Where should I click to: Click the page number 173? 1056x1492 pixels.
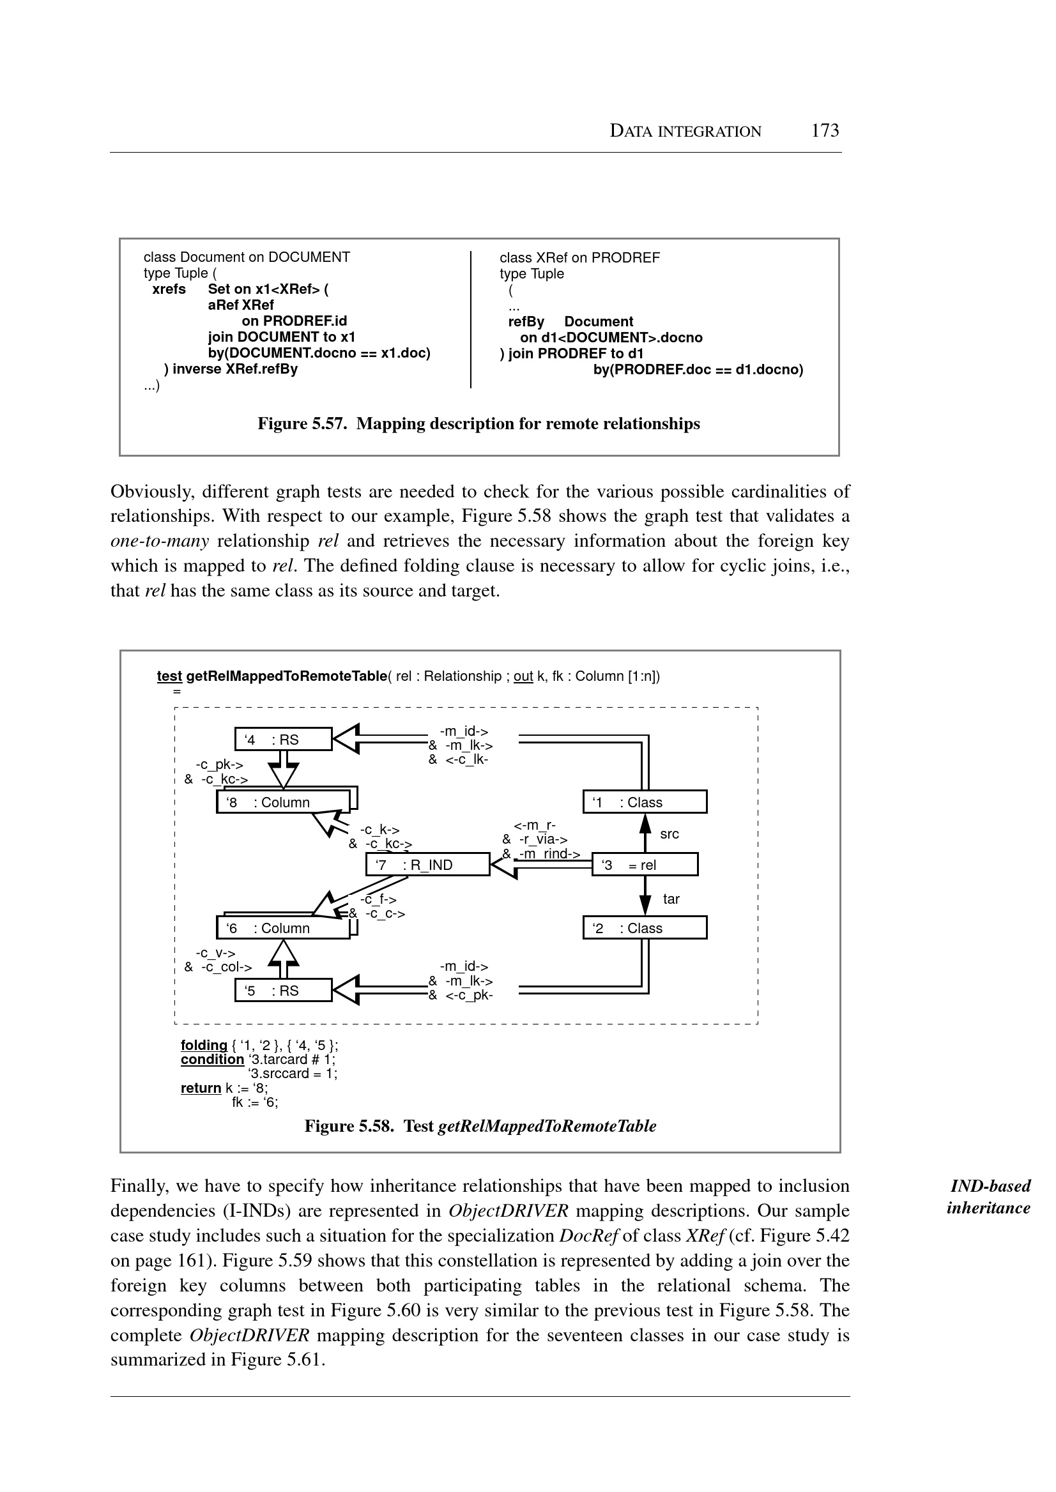[x=825, y=131]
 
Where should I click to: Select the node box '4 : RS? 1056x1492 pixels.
[x=283, y=739]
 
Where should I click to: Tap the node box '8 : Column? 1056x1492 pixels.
[x=282, y=802]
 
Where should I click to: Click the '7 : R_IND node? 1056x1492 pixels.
[x=427, y=865]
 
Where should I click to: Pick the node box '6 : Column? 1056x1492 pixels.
[x=282, y=927]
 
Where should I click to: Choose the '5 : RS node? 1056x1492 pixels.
[x=283, y=990]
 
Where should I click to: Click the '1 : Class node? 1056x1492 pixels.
[x=645, y=802]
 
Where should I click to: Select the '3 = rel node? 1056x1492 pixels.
[x=645, y=865]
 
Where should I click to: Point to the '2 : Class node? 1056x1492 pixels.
[x=645, y=927]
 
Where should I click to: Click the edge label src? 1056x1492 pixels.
[x=669, y=834]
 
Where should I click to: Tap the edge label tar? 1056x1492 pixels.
[x=671, y=899]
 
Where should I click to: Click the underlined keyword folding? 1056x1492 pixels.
[x=204, y=1045]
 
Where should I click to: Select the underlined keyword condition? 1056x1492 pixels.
[x=212, y=1059]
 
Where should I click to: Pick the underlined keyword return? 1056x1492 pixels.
[x=201, y=1088]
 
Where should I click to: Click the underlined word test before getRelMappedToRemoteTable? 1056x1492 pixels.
[x=169, y=676]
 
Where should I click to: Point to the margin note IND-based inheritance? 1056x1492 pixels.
[x=989, y=1197]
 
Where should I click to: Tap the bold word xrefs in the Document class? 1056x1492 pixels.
[x=169, y=289]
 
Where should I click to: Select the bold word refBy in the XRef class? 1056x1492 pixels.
[x=525, y=322]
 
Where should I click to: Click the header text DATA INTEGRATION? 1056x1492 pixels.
[x=685, y=132]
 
